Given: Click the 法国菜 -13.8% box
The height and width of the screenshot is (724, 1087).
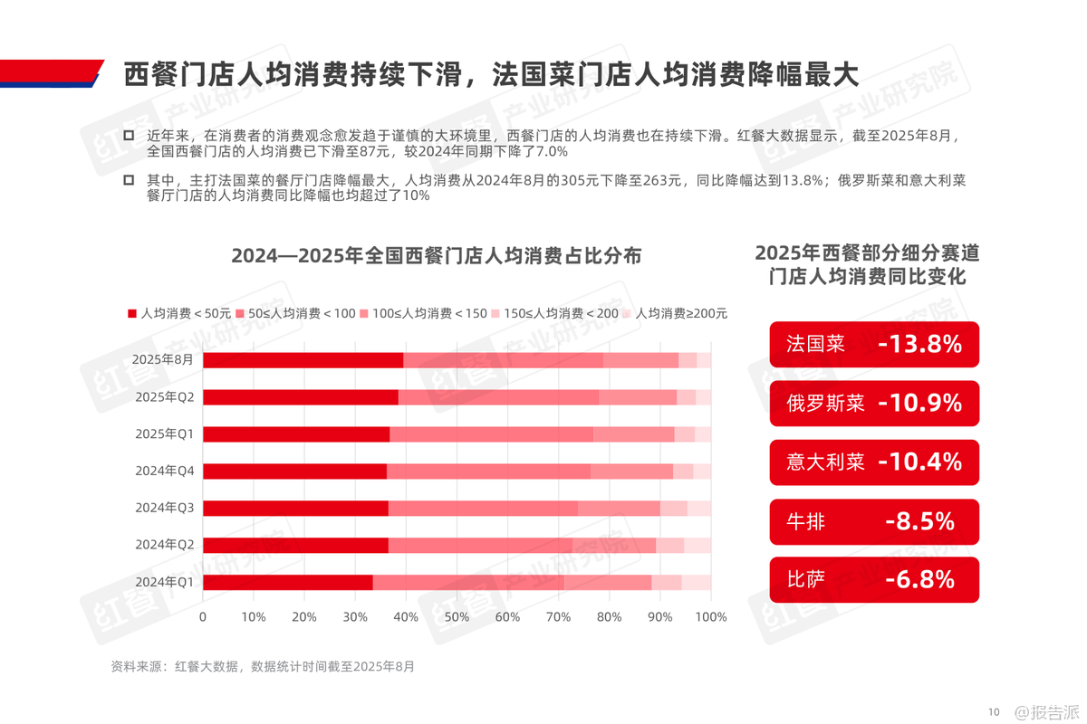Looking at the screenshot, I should pos(874,345).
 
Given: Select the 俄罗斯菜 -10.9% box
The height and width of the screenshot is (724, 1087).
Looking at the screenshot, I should pos(874,404).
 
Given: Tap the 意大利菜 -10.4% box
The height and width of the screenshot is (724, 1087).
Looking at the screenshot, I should pos(874,462).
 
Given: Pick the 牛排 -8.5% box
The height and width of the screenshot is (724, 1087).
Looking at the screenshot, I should pos(874,521).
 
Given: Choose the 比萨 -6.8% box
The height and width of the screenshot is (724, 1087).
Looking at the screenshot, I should pos(874,580).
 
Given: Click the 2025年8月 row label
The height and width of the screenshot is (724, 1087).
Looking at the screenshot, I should pos(163,359).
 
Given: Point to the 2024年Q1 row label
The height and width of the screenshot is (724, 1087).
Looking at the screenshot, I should pos(164,582).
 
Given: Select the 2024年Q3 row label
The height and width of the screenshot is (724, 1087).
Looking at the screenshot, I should pos(164,508).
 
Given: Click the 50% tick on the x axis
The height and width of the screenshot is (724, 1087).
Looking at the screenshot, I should pos(457,617).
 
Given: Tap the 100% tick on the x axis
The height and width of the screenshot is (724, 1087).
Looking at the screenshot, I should pos(711,617).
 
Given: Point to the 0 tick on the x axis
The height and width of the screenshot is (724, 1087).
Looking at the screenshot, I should pos(203,617).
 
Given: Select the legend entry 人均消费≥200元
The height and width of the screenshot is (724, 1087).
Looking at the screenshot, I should pos(675,313).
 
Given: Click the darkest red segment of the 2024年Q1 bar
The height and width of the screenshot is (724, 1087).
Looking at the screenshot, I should pos(288,582).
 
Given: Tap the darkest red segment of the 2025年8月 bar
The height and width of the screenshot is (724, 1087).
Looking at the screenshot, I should pos(303,359).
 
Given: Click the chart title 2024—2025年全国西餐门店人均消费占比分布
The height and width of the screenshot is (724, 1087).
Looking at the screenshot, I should pos(437,256).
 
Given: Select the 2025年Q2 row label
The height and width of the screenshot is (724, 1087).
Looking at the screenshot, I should pos(164,396).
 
